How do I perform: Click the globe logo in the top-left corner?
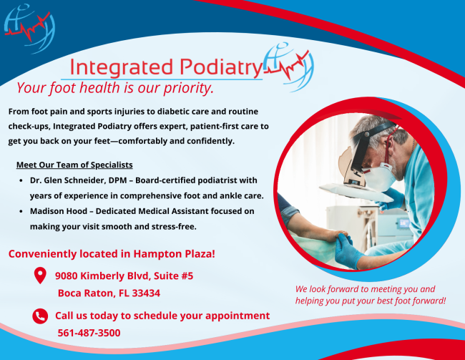point(29,29)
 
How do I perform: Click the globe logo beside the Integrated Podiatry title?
point(288,67)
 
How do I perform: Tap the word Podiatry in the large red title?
point(221,67)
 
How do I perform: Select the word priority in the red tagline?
point(189,88)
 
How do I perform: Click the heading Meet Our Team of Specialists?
point(74,165)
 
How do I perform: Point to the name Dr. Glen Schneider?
point(67,180)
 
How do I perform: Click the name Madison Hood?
point(59,211)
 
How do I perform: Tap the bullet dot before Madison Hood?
point(21,211)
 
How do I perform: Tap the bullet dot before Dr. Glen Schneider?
point(21,180)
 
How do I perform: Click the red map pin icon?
point(40,275)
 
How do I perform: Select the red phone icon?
point(40,316)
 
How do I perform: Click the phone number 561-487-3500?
point(89,333)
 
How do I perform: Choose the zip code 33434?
point(146,293)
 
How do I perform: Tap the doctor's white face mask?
point(378,177)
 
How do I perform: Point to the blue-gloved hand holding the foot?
point(348,250)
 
